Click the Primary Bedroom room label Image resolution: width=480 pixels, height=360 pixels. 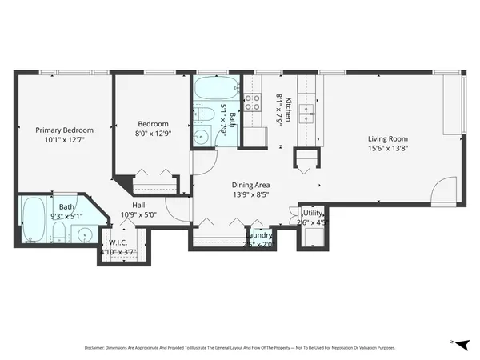(64, 130)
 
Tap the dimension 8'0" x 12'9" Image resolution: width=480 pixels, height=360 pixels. (153, 135)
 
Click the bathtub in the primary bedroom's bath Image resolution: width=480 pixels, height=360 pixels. (34, 220)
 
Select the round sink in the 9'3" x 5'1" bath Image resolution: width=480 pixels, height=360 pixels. (85, 234)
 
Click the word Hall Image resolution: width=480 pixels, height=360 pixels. (138, 205)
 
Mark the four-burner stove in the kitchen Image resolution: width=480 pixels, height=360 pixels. (254, 102)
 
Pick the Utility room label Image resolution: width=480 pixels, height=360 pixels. (312, 214)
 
